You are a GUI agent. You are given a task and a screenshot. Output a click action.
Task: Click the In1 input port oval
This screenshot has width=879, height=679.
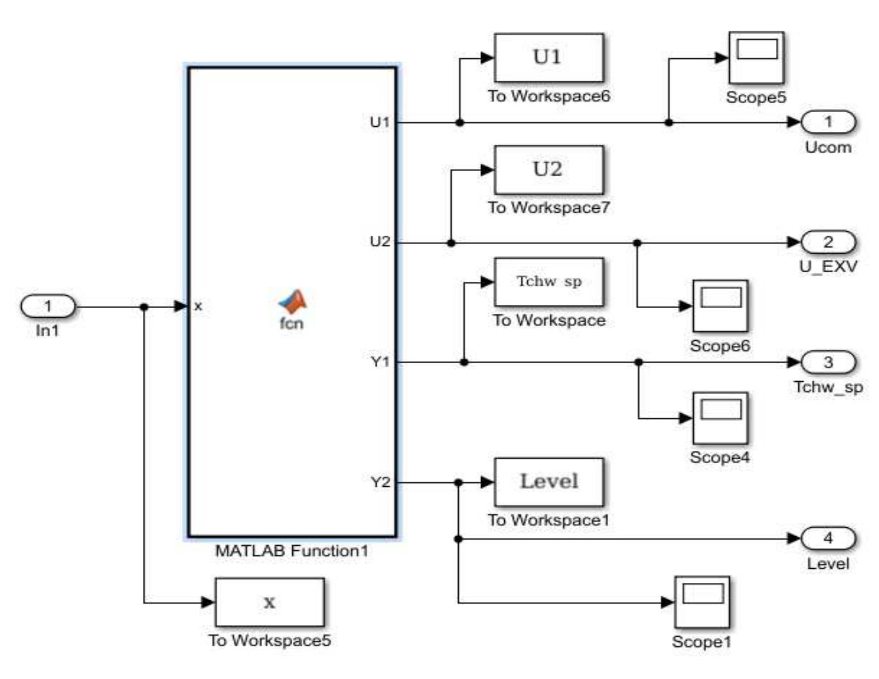(x=48, y=306)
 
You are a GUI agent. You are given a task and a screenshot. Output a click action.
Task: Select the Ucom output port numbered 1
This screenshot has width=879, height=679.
(x=828, y=122)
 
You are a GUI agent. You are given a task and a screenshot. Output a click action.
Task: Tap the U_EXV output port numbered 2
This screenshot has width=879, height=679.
(x=828, y=242)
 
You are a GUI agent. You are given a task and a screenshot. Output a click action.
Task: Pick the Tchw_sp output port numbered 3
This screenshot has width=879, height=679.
(x=828, y=362)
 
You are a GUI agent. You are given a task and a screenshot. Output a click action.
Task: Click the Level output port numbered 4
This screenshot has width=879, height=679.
(x=828, y=538)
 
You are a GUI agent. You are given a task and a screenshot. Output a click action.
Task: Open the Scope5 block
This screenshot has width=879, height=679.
(x=756, y=58)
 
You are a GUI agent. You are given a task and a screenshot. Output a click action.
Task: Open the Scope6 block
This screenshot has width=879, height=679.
(x=720, y=306)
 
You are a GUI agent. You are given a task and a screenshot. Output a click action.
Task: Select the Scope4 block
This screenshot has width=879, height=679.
(x=720, y=418)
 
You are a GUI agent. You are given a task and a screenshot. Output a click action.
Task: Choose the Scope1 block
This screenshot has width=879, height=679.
(x=702, y=602)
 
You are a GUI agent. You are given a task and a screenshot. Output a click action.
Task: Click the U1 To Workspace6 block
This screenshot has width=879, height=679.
(x=548, y=58)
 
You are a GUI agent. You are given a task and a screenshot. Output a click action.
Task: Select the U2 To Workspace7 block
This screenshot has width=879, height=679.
(x=548, y=170)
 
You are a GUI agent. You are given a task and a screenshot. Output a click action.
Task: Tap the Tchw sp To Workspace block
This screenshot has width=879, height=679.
(x=548, y=282)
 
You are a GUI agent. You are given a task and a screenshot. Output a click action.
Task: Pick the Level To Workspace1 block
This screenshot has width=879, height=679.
(x=548, y=482)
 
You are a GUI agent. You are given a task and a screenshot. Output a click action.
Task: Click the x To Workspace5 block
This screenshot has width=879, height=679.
(x=269, y=602)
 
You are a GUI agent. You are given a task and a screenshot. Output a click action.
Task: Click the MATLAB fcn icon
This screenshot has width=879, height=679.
(x=292, y=302)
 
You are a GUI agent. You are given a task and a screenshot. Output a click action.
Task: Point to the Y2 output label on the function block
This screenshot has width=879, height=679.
(x=380, y=482)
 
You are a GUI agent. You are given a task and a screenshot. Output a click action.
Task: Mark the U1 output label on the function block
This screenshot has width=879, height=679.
(x=380, y=122)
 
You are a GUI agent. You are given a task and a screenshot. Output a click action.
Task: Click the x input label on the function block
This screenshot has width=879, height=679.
(x=198, y=306)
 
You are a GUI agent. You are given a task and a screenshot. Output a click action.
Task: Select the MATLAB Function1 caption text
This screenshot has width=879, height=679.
(x=292, y=550)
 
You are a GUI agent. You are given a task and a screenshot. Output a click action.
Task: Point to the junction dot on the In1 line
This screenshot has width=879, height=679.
(x=144, y=307)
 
